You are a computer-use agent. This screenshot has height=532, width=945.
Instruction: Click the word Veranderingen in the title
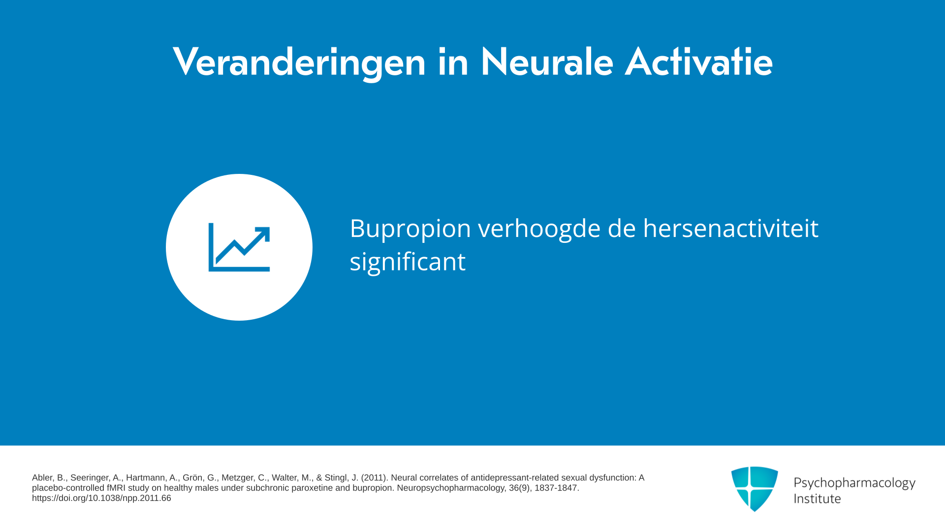click(x=299, y=63)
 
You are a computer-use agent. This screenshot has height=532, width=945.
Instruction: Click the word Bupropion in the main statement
click(x=410, y=230)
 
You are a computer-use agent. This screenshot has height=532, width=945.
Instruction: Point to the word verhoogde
click(x=539, y=230)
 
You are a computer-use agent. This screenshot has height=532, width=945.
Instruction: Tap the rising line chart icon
click(x=239, y=247)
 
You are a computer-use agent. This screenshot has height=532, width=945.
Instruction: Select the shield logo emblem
click(x=755, y=489)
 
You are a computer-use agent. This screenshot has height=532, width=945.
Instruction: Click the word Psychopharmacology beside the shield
click(x=854, y=483)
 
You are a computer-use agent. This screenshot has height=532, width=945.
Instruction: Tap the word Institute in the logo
click(x=817, y=499)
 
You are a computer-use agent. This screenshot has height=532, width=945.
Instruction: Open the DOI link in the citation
click(x=101, y=498)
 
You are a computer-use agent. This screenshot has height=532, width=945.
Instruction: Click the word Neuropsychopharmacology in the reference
click(x=451, y=488)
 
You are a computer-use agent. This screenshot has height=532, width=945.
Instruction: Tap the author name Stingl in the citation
click(x=336, y=478)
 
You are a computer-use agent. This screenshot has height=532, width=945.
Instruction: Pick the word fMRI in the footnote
click(x=116, y=488)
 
